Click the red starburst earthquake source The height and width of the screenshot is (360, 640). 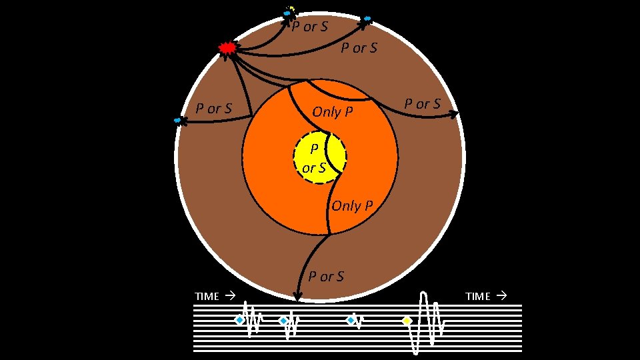tap(228, 48)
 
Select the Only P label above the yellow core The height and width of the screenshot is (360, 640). tap(333, 112)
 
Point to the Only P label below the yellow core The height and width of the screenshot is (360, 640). tap(352, 206)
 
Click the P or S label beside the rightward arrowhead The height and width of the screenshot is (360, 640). tap(423, 104)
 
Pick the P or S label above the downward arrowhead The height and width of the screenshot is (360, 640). tap(326, 276)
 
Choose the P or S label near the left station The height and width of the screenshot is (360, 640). tap(213, 108)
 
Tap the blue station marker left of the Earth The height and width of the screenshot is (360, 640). tap(178, 121)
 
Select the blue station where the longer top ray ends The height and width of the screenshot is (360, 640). tap(366, 19)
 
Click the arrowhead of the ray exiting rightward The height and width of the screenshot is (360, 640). tap(454, 115)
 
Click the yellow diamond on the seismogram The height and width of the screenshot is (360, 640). tap(407, 321)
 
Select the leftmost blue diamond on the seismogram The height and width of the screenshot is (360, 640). tap(238, 321)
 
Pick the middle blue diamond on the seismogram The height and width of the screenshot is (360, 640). tap(283, 321)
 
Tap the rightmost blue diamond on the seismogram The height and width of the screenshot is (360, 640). tap(351, 321)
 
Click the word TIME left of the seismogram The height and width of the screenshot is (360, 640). tap(207, 297)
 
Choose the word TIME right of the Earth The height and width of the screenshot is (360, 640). tap(477, 297)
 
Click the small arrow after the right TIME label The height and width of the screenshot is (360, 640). tap(502, 295)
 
